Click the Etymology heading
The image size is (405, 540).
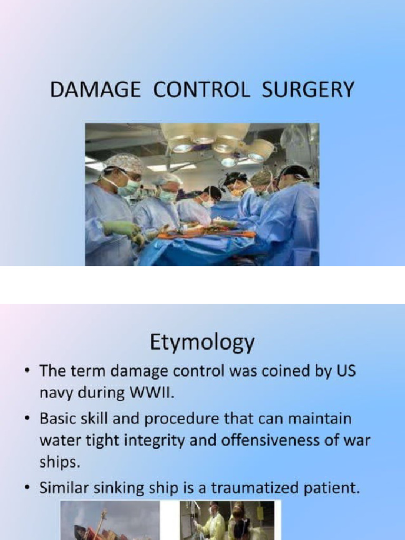[202, 343]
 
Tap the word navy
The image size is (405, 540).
[55, 391]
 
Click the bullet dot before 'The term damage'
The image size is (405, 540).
[27, 371]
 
